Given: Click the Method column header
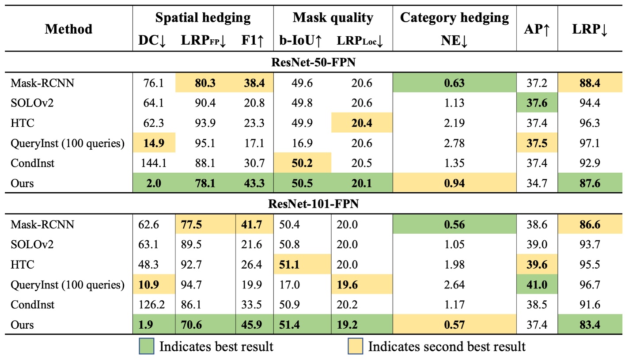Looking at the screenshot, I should (x=68, y=29).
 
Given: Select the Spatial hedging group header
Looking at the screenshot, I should (x=203, y=18).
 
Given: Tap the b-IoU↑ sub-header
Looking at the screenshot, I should (x=300, y=41).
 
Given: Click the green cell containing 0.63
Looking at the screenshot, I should (x=455, y=83).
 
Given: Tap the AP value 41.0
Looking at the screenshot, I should (x=537, y=285).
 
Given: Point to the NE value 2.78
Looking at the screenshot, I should (x=455, y=143).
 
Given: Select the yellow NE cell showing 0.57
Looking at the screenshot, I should (x=455, y=325).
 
